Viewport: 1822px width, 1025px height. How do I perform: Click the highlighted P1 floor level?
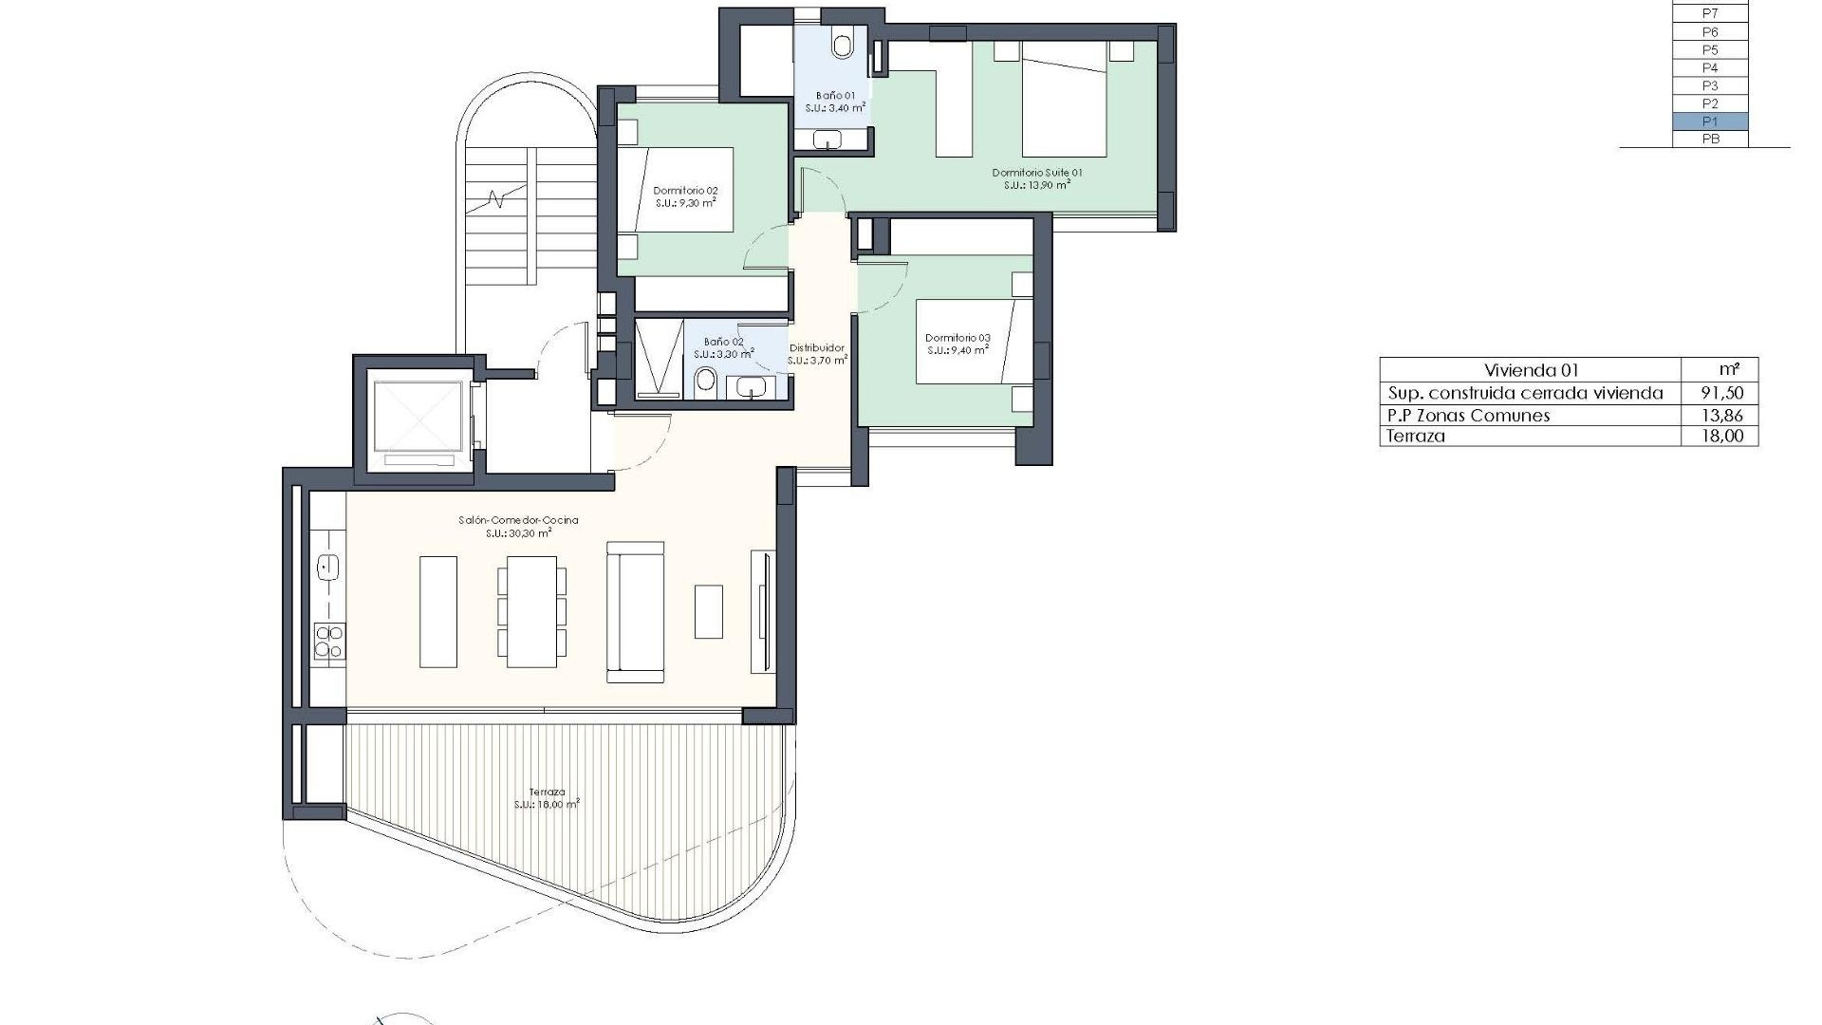(1710, 121)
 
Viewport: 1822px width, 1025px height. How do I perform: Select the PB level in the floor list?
(1710, 140)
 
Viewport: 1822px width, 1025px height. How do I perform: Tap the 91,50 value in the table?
(1721, 393)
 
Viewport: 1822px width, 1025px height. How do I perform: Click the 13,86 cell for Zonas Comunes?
(1721, 415)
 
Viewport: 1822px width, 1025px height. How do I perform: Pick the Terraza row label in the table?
(1416, 437)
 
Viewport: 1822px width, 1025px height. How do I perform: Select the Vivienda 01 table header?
(1531, 370)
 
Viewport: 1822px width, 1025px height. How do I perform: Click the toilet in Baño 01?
(842, 44)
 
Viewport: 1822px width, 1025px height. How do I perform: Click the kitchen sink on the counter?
(327, 568)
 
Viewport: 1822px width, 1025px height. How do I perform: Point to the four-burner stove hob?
(328, 642)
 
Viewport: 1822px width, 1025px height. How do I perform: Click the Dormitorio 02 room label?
(685, 191)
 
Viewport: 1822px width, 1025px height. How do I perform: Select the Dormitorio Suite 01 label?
(1036, 173)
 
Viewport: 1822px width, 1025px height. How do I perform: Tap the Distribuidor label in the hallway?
(816, 348)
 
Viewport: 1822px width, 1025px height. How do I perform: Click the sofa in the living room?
(635, 612)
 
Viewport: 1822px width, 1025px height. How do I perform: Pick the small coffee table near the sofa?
(708, 611)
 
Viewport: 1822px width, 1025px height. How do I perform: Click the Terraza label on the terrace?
(548, 792)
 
